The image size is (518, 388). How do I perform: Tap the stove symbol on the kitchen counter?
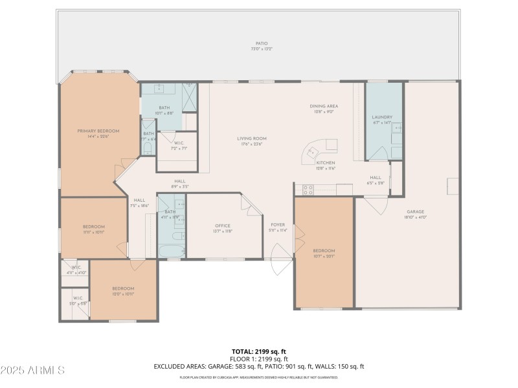click(309, 189)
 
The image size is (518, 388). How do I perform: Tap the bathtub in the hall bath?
click(172, 250)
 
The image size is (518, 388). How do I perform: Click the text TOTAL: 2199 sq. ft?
click(259, 351)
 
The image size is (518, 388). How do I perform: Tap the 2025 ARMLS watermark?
click(32, 371)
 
